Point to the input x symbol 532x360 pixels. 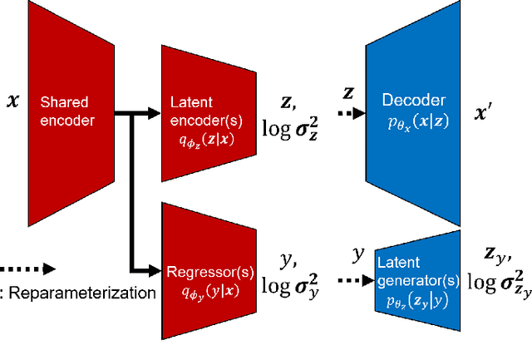(x=12, y=103)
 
